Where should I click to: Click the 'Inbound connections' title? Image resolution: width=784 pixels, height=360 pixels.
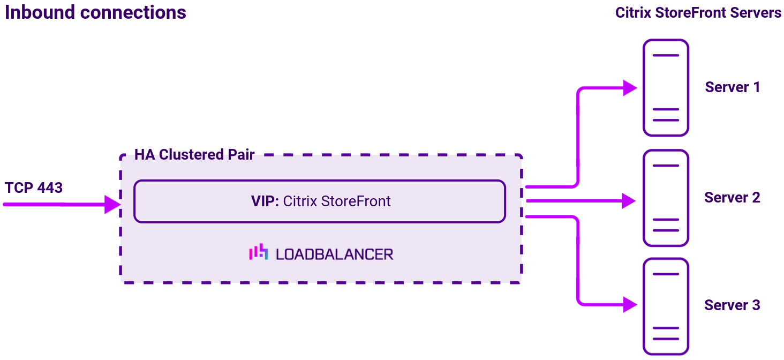[x=95, y=12]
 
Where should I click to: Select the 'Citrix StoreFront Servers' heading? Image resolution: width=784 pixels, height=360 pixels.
[x=698, y=13]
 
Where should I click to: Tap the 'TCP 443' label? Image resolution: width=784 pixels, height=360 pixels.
[x=34, y=188]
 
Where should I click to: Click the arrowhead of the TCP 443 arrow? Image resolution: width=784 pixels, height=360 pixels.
[x=112, y=204]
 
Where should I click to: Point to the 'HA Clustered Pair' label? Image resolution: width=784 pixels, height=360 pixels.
[x=194, y=155]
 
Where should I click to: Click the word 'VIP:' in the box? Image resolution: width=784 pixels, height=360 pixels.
[x=265, y=201]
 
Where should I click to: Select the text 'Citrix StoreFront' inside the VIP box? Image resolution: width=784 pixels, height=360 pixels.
[x=337, y=201]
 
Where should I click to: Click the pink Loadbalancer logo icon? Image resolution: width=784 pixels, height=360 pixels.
[x=259, y=252]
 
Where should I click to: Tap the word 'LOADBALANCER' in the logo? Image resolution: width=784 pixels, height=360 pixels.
[x=335, y=254]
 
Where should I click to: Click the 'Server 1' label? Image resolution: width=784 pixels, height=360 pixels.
[x=732, y=87]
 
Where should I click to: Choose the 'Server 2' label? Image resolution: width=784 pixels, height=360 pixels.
[x=732, y=198]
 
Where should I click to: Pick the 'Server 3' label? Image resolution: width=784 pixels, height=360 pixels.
[x=732, y=305]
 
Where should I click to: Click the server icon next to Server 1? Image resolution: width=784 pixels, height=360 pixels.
[x=666, y=87]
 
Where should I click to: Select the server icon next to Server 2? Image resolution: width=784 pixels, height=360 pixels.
[x=666, y=198]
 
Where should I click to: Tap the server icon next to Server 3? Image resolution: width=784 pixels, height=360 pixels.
[x=666, y=306]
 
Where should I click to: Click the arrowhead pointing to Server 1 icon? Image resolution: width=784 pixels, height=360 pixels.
[x=630, y=87]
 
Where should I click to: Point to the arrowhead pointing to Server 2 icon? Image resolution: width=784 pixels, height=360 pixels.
[x=629, y=201]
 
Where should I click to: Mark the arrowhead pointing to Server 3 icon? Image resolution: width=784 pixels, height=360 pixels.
[x=630, y=304]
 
